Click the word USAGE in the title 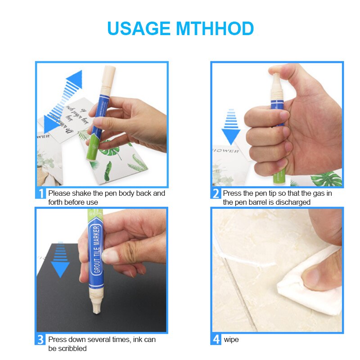[139, 28]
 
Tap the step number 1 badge [40, 194]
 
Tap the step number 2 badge [216, 194]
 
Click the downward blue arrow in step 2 [231, 127]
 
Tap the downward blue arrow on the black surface [60, 261]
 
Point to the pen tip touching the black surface [96, 310]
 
